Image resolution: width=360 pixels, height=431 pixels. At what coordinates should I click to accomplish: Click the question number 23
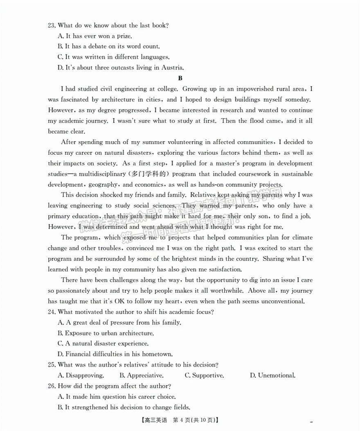(52, 25)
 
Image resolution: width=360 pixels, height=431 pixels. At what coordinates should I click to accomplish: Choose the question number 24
(52, 312)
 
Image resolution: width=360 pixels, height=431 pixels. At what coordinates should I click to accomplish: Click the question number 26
(52, 386)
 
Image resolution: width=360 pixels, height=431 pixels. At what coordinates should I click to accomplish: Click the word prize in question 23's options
(124, 36)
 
